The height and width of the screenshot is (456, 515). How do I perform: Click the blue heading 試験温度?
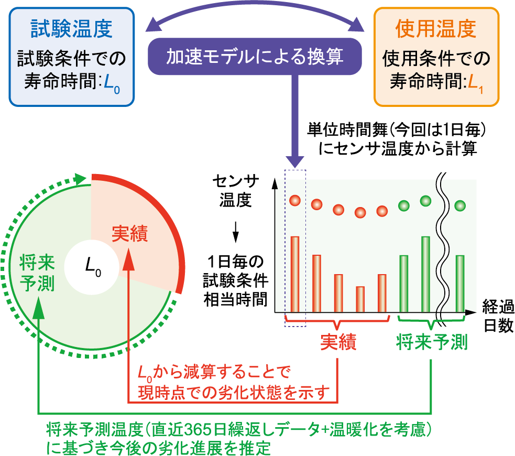71,29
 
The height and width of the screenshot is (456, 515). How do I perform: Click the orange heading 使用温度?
436,29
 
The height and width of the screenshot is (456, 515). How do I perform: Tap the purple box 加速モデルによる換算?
255,56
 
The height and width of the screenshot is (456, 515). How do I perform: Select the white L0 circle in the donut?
92,267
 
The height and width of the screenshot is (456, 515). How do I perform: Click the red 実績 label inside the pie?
130,233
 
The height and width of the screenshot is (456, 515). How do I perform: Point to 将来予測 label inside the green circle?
37,273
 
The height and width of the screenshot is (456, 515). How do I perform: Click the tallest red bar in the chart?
295,274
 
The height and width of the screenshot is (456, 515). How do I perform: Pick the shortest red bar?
360,299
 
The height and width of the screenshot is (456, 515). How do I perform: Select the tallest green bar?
425,274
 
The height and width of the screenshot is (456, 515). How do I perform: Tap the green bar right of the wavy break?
460,284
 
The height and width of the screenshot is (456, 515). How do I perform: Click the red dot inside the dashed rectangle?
295,200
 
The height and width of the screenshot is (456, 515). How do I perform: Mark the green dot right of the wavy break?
460,205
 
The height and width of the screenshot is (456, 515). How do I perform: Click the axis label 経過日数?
498,316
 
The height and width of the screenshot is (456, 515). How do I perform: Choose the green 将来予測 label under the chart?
432,342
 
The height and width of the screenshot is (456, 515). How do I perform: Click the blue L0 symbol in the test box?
112,83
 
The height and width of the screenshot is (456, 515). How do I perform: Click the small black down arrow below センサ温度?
235,232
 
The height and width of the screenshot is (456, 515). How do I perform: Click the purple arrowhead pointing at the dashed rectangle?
295,160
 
